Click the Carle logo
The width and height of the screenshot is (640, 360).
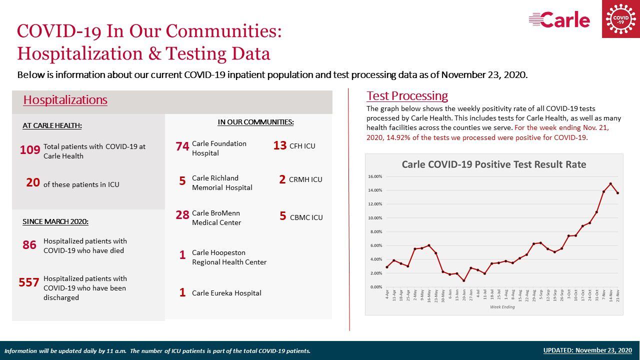click(x=559, y=20)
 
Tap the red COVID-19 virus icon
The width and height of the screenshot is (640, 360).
click(x=620, y=19)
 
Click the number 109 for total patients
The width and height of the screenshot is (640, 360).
click(x=30, y=150)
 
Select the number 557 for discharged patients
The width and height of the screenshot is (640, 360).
click(x=29, y=282)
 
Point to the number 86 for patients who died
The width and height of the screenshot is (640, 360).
click(x=29, y=245)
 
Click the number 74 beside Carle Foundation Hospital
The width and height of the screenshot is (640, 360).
click(x=182, y=146)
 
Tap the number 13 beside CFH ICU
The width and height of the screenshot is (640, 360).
click(x=280, y=145)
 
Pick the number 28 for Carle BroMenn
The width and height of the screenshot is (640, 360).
click(x=182, y=215)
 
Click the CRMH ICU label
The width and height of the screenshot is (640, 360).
click(x=305, y=179)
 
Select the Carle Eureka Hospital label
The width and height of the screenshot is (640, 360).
click(x=226, y=293)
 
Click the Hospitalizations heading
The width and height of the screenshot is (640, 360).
click(x=65, y=100)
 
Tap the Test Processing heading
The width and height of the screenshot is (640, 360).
click(x=407, y=96)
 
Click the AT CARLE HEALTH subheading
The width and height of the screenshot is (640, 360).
click(x=52, y=126)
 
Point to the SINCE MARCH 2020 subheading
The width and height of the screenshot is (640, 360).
click(x=55, y=221)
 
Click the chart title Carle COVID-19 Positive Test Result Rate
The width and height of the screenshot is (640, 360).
click(x=494, y=164)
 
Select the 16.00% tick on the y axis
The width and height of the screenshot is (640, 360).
click(x=375, y=176)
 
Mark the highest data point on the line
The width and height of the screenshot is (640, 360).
click(x=610, y=184)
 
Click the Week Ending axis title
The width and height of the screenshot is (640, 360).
click(x=502, y=307)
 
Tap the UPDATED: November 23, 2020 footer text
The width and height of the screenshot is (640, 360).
click(x=587, y=350)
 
